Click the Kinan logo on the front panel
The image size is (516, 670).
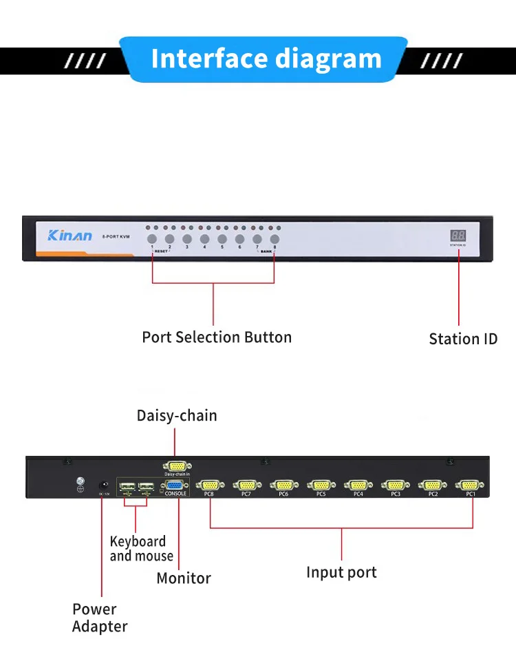[69, 236]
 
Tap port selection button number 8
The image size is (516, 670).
[275, 239]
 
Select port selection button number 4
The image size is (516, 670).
[204, 239]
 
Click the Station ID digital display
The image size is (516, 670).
[458, 235]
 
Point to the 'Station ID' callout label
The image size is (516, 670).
[463, 339]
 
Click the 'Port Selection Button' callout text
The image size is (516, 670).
[217, 337]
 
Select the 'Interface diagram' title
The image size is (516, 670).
[266, 59]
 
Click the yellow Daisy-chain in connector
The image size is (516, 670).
[177, 467]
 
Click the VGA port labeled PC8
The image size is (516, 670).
[210, 485]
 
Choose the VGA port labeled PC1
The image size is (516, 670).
[470, 485]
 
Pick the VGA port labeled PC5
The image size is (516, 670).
[321, 485]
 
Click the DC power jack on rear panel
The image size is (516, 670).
[104, 486]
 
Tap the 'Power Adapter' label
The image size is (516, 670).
[100, 618]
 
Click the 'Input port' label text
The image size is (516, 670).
[341, 572]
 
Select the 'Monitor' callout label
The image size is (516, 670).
[184, 578]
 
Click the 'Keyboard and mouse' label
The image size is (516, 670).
[141, 549]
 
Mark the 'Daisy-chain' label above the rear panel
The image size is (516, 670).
[177, 415]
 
